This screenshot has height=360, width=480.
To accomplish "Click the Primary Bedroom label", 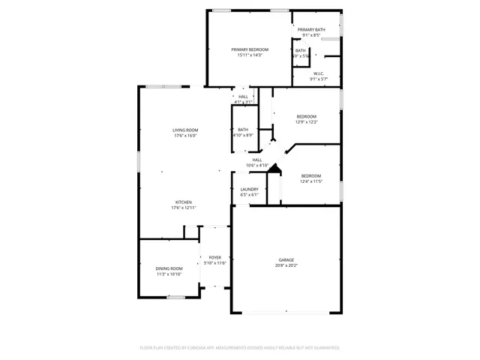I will [x=250, y=49].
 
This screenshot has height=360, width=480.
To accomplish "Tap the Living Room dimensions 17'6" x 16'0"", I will [x=185, y=136].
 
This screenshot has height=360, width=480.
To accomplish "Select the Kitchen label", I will [x=184, y=202].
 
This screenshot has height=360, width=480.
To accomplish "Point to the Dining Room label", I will [x=169, y=268].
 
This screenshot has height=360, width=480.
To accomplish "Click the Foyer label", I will [x=215, y=257].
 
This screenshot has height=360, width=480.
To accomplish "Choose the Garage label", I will [x=286, y=259].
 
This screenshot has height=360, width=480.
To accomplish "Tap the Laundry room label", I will [x=250, y=189].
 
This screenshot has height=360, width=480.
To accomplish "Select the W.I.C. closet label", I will [x=319, y=73].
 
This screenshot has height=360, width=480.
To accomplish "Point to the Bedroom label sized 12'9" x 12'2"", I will [x=306, y=116].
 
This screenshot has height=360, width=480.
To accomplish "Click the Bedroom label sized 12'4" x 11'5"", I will [x=311, y=175].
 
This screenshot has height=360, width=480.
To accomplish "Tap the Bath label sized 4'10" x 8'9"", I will [x=243, y=130].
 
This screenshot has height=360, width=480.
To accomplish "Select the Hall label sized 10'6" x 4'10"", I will [x=257, y=160].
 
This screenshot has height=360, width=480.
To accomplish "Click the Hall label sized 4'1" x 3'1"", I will [x=243, y=97].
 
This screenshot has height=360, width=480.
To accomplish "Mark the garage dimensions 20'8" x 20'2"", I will [x=286, y=265].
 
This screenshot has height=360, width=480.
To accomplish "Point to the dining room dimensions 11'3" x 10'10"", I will [x=169, y=274].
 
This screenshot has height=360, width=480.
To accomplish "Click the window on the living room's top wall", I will [x=164, y=86].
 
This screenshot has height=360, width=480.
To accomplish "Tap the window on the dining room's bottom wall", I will [x=175, y=297].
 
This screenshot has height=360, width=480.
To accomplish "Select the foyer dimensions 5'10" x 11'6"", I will [x=215, y=263].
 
